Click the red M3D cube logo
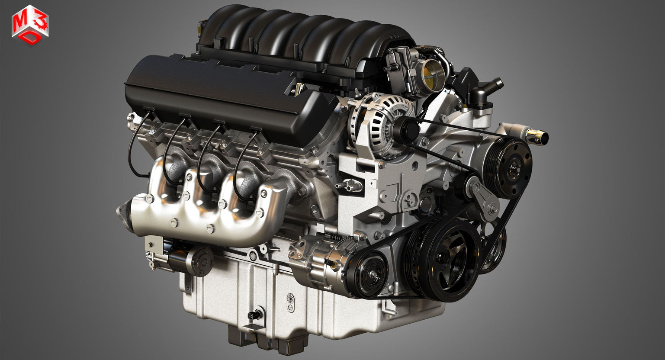30,25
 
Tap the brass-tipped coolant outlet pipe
537,137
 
